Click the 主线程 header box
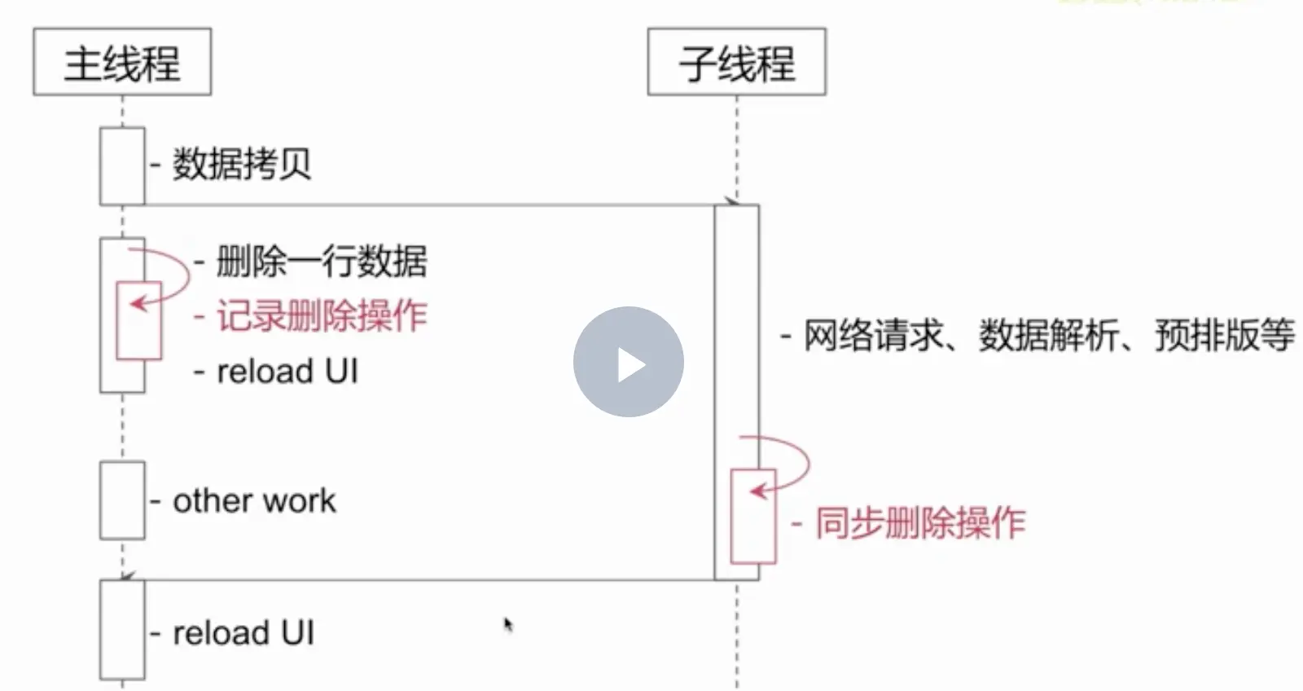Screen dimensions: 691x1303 [x=122, y=62]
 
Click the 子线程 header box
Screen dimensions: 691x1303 [x=736, y=62]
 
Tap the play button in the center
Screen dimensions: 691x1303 [x=628, y=362]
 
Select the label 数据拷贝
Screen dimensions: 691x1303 [x=242, y=165]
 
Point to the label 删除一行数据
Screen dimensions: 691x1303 [x=321, y=262]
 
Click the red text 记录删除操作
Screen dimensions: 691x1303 [x=321, y=316]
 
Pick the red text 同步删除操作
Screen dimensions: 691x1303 [x=920, y=523]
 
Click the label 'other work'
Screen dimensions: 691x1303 [x=254, y=501]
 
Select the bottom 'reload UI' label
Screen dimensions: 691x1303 [x=243, y=633]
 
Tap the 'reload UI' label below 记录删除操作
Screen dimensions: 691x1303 [x=287, y=372]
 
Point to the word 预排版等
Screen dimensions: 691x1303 [x=1224, y=336]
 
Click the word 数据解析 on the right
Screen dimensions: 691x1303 [x=1048, y=336]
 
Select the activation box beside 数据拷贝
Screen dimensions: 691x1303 [x=122, y=165]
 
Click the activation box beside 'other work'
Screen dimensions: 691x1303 [x=122, y=500]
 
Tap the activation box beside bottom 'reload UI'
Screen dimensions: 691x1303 [x=122, y=630]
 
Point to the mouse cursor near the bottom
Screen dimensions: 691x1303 [x=508, y=625]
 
